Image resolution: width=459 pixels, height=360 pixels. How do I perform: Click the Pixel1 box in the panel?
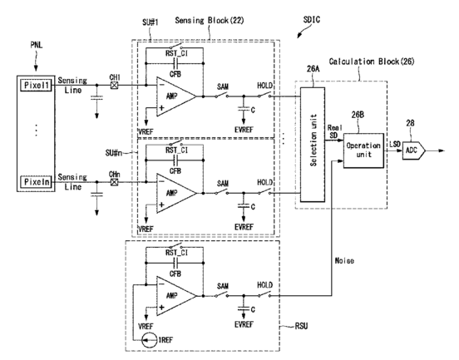point(36,85)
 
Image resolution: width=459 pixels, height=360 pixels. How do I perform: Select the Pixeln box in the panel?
point(36,182)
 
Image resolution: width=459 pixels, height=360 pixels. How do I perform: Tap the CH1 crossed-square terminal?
point(115,85)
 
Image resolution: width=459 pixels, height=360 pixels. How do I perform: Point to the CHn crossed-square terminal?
point(115,182)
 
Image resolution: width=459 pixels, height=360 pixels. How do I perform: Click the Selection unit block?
point(313,145)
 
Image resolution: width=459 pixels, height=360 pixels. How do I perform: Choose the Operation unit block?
point(363,150)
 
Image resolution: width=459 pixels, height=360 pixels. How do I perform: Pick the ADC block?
point(413,150)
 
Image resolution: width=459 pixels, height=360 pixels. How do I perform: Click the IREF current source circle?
point(149,340)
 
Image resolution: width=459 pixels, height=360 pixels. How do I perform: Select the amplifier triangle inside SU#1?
point(176,96)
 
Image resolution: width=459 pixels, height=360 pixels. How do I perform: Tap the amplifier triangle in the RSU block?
point(176,296)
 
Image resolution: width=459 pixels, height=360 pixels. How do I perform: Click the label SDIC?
point(312,20)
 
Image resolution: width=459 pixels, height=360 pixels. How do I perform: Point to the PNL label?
point(37,45)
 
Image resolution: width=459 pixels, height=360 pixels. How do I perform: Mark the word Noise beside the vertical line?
point(344,260)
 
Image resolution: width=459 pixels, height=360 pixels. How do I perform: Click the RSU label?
point(301,326)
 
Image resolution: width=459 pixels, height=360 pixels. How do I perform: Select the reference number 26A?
point(313,69)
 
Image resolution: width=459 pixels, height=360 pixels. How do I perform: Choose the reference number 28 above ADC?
point(410,123)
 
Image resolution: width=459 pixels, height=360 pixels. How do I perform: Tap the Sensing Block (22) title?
point(210,21)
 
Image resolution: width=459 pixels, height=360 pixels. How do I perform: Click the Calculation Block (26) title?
point(372,62)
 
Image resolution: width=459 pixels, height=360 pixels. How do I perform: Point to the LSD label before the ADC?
point(395,144)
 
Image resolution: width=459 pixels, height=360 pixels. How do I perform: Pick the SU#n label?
point(114,153)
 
